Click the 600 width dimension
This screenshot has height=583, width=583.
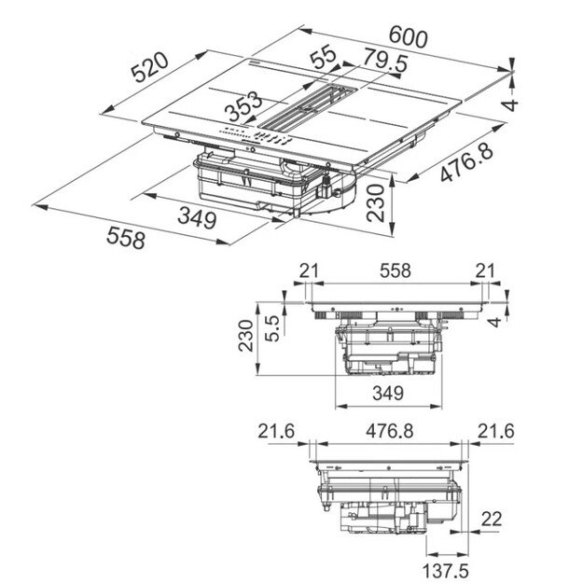point(408,38)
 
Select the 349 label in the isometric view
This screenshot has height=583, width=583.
point(198,220)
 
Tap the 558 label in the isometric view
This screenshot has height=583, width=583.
point(126,239)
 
